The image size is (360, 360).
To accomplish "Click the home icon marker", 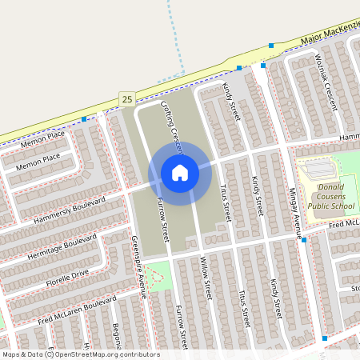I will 180,172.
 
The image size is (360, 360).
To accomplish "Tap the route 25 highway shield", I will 126,98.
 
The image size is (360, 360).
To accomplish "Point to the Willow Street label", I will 205,275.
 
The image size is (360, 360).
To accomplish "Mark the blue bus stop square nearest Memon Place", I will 84,120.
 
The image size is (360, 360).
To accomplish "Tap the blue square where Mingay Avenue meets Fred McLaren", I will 304,239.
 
